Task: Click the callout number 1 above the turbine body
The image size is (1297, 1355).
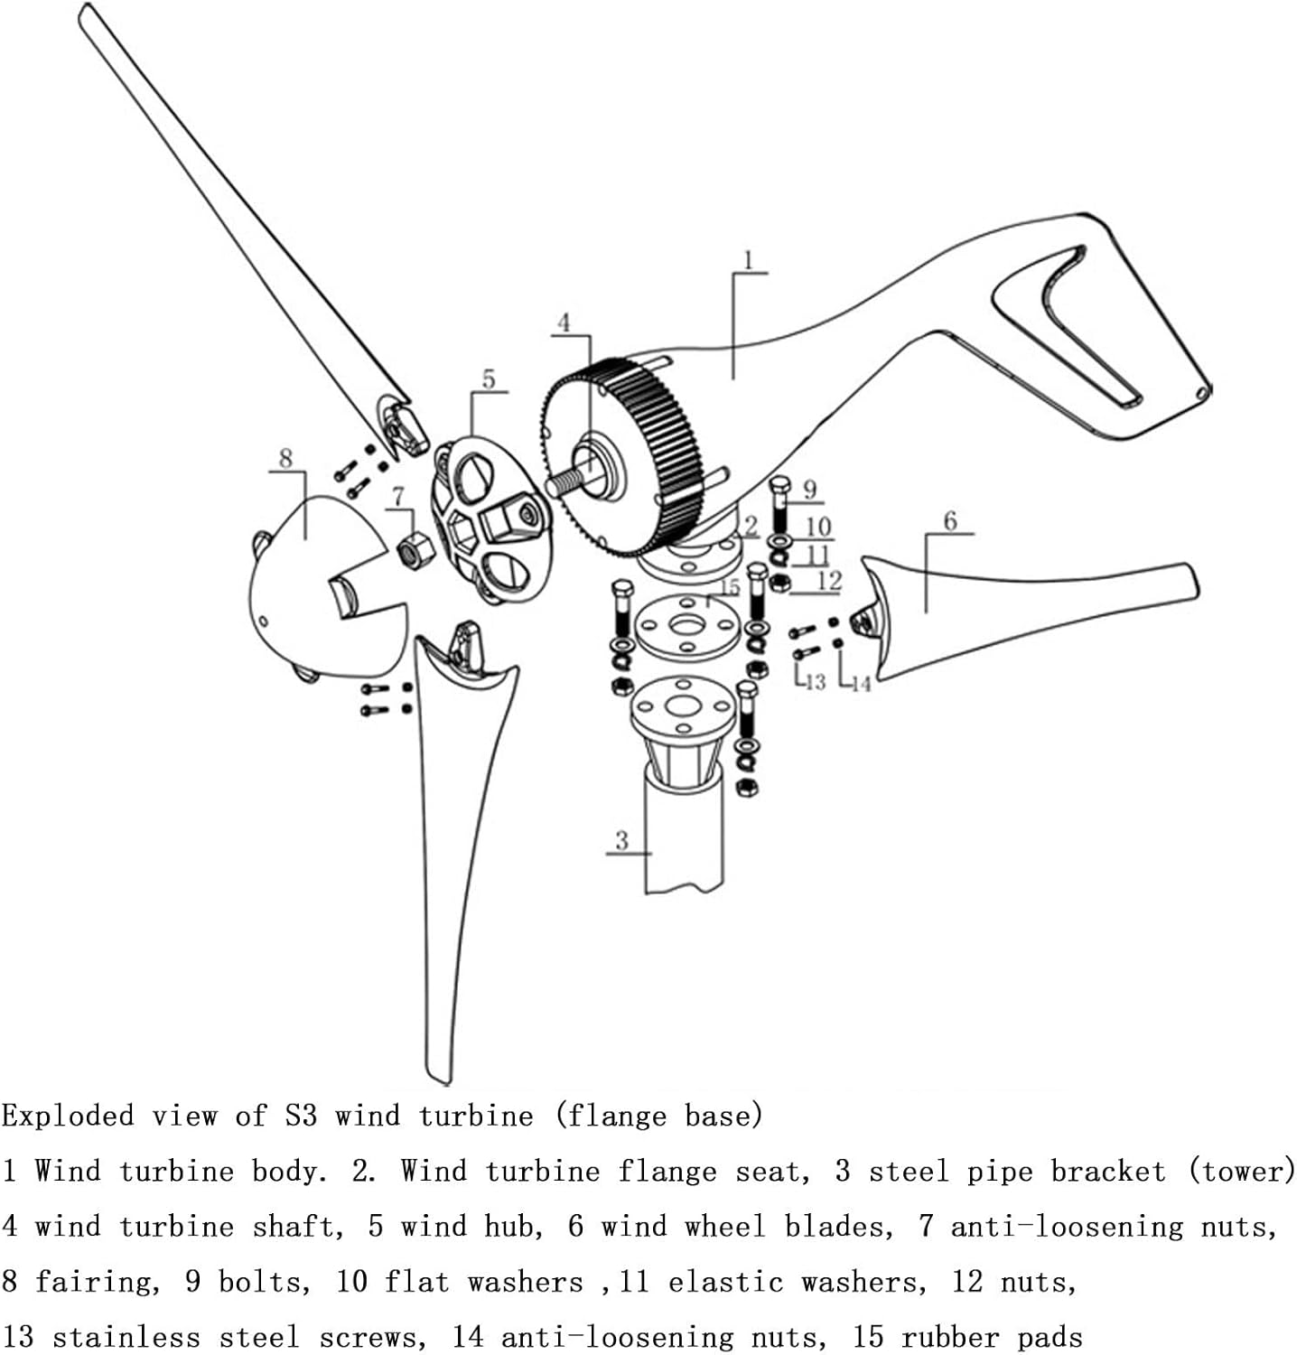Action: (748, 260)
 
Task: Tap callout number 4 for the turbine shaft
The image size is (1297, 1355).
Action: (564, 322)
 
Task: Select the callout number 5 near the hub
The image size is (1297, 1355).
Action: (489, 378)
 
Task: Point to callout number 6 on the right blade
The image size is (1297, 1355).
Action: (949, 521)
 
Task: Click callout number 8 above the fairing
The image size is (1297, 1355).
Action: (286, 458)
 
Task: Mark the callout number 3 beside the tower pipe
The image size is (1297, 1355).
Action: (621, 840)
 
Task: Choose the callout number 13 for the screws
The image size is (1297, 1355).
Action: (815, 681)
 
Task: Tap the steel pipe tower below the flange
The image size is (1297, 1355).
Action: (684, 831)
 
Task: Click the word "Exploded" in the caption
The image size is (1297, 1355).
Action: (68, 1117)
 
